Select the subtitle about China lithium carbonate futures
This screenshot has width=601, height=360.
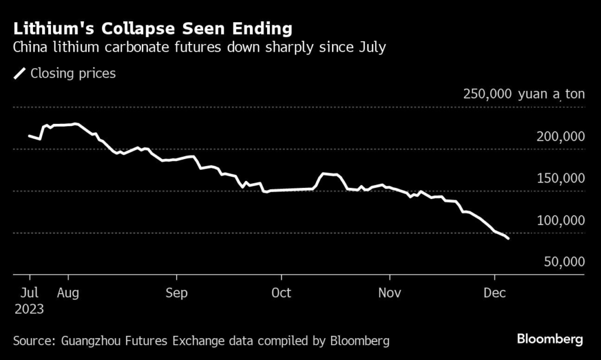tap(199, 47)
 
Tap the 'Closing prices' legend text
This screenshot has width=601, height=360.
tap(73, 73)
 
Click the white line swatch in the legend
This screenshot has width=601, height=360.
tap(20, 73)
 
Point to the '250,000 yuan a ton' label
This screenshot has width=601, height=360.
tap(524, 94)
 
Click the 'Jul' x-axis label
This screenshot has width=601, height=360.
tap(29, 292)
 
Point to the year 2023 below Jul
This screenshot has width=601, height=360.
tap(29, 309)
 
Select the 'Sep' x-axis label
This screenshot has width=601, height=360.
tap(176, 292)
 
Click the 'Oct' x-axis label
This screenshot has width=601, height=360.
tap(281, 292)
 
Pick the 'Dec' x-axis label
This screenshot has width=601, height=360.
tap(494, 292)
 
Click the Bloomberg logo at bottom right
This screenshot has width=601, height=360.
tap(550, 339)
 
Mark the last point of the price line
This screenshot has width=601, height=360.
tap(508, 238)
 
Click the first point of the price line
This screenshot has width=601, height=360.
tap(29, 136)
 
